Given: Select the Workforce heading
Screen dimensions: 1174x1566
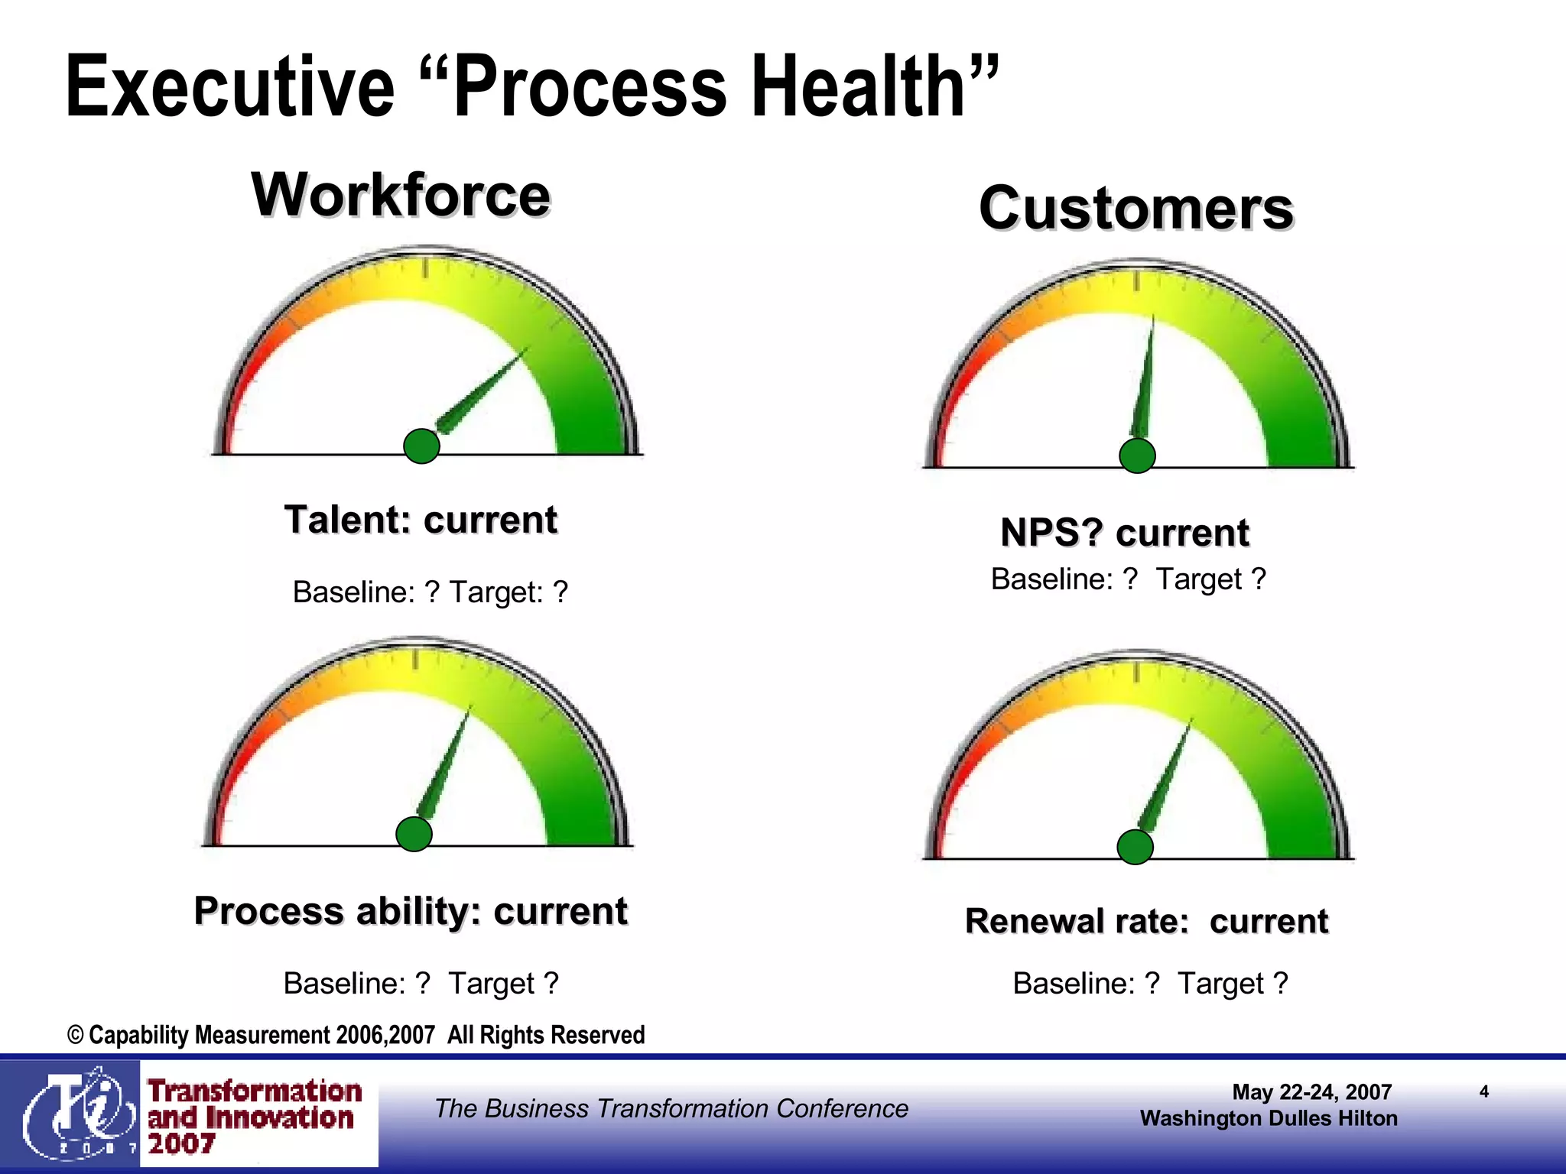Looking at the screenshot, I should pyautogui.click(x=401, y=195).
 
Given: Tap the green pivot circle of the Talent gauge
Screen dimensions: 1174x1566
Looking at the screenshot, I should pyautogui.click(x=421, y=446).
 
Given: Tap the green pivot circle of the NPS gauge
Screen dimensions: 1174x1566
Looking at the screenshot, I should pyautogui.click(x=1137, y=456).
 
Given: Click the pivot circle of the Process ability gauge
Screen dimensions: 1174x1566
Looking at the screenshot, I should pyautogui.click(x=414, y=834).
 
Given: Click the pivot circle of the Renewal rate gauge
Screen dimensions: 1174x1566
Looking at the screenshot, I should pyautogui.click(x=1136, y=847).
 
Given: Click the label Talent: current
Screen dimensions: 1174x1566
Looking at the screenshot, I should pyautogui.click(x=421, y=521).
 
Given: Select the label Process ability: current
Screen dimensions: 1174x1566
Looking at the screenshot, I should pyautogui.click(x=411, y=911).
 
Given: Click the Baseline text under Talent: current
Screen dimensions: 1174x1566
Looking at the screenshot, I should pyautogui.click(x=353, y=592).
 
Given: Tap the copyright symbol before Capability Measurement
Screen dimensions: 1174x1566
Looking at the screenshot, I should pyautogui.click(x=75, y=1036).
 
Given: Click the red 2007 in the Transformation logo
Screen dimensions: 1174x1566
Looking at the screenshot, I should pyautogui.click(x=181, y=1144).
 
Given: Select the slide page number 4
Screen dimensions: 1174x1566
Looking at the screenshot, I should pyautogui.click(x=1483, y=1091).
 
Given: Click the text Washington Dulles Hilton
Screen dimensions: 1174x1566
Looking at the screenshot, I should pyautogui.click(x=1268, y=1119).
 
